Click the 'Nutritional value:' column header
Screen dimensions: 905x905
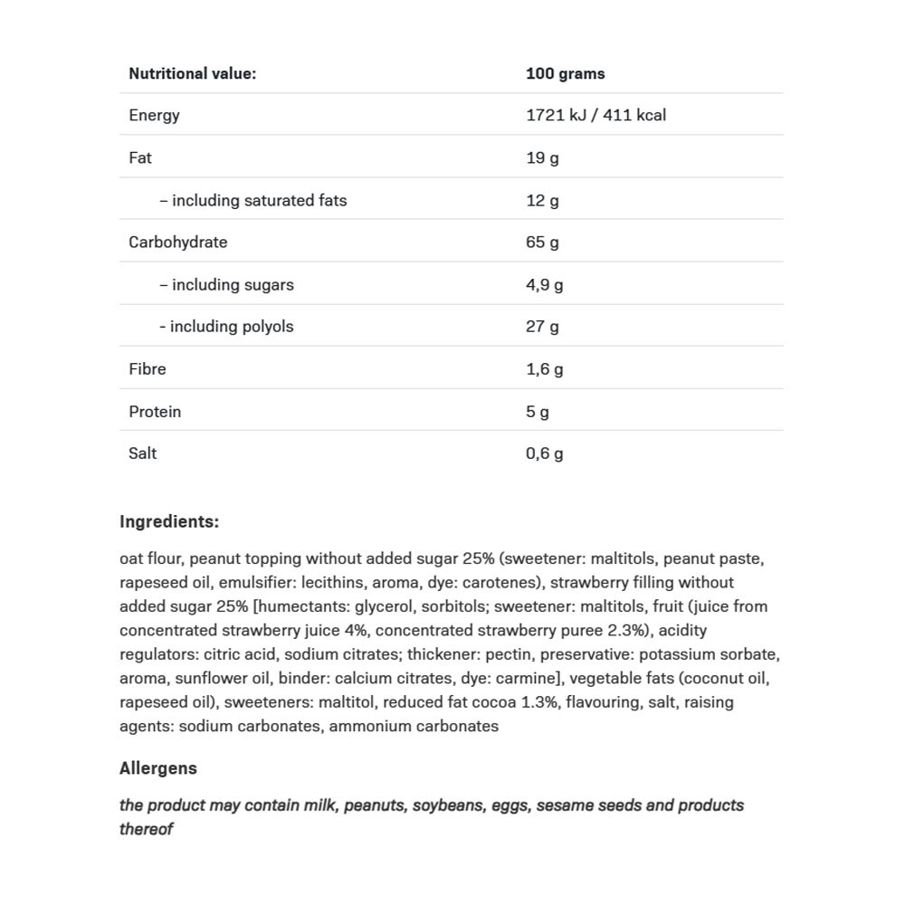[x=192, y=74]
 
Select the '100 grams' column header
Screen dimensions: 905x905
[x=565, y=74]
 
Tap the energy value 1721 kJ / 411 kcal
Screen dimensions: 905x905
[x=595, y=115]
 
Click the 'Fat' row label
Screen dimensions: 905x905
[x=140, y=157]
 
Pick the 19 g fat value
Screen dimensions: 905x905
[x=542, y=157]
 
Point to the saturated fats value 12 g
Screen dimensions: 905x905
[x=542, y=200]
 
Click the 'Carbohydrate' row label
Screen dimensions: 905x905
[x=177, y=242]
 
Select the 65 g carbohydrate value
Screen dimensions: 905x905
[x=542, y=242]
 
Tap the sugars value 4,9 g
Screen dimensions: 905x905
[x=544, y=284]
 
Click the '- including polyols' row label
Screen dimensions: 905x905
[x=226, y=327]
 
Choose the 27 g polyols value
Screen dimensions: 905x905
[x=542, y=327]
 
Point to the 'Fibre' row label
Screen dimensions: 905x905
[x=148, y=368]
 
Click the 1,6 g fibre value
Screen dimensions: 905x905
[x=544, y=368]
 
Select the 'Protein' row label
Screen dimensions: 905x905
[x=155, y=411]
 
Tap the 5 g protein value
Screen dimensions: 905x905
[x=538, y=412]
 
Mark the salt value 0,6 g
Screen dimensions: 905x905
[x=544, y=453]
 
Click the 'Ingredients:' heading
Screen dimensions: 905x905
[x=169, y=521]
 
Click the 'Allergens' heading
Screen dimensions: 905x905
[x=157, y=768]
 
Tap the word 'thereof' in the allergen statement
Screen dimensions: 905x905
[x=146, y=829]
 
